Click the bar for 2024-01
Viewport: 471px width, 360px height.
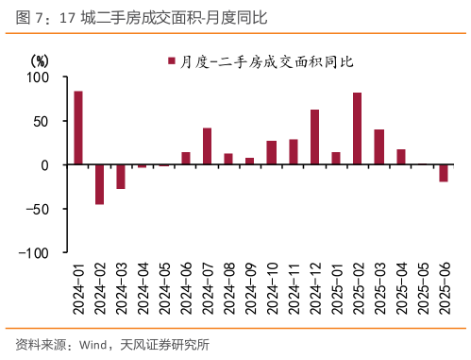tap(78, 128)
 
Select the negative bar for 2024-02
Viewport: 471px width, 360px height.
tap(99, 184)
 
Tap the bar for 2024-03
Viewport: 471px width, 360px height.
tap(121, 177)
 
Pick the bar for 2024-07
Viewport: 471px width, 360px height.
tap(207, 146)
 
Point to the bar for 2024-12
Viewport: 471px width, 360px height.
tap(314, 137)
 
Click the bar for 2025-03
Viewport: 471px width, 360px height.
tap(379, 147)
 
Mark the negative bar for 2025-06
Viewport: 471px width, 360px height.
tap(444, 173)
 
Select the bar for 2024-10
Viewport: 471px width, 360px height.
tap(271, 153)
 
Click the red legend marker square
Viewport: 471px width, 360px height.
tap(172, 61)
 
